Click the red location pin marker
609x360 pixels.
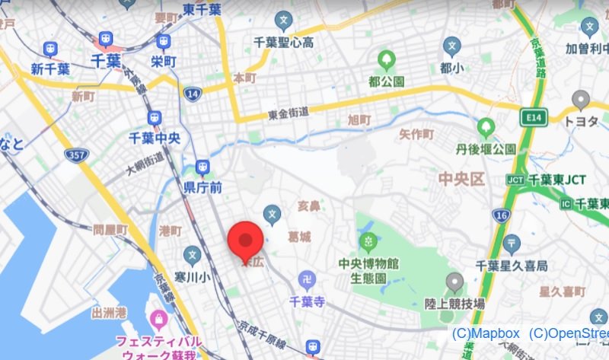pos(246,241)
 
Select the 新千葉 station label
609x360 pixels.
pos(50,68)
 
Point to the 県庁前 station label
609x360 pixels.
pos(202,186)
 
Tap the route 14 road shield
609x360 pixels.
pos(193,94)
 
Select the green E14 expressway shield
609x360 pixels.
pos(530,118)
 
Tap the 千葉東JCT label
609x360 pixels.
pos(556,180)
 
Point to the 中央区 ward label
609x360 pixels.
pos(461,180)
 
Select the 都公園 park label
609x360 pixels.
pos(387,81)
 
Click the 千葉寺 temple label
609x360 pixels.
pos(308,301)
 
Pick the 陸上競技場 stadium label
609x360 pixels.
pos(454,303)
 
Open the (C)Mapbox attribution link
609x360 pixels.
pos(486,333)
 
